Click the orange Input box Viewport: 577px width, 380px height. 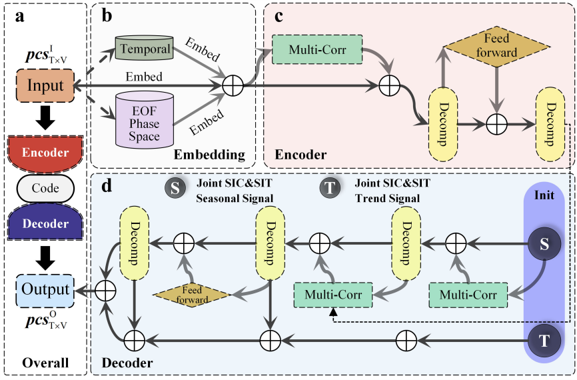point(45,86)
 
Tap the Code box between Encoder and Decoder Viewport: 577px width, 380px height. point(45,188)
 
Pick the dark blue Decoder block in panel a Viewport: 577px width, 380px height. point(45,223)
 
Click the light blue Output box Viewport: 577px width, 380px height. point(45,289)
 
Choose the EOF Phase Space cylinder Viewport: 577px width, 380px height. point(145,118)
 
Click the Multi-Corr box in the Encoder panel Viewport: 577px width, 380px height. point(316,50)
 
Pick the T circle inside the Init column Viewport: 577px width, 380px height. point(544,341)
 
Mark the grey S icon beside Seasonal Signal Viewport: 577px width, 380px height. point(175,189)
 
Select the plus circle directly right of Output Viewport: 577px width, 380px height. point(105,290)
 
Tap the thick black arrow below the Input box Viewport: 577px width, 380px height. point(45,118)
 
